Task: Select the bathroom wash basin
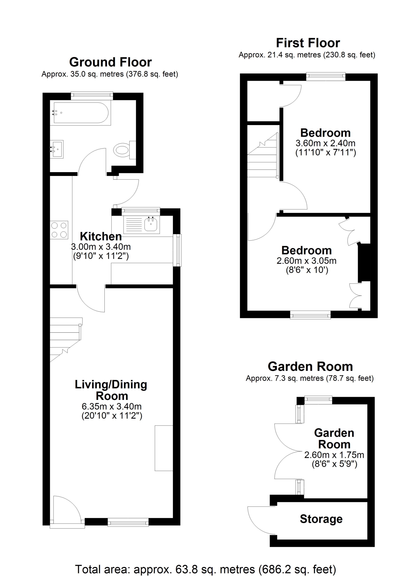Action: click(57, 149)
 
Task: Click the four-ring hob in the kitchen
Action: click(59, 230)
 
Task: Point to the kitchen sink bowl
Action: click(151, 224)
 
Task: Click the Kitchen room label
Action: click(101, 236)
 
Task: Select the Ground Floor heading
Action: click(110, 62)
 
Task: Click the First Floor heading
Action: click(308, 43)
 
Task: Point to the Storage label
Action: click(321, 519)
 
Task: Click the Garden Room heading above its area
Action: click(310, 366)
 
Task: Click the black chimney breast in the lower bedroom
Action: click(364, 263)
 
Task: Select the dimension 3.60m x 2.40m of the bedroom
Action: click(326, 143)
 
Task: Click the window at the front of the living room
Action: click(128, 522)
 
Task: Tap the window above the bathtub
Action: click(92, 96)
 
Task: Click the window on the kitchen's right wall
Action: click(177, 250)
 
